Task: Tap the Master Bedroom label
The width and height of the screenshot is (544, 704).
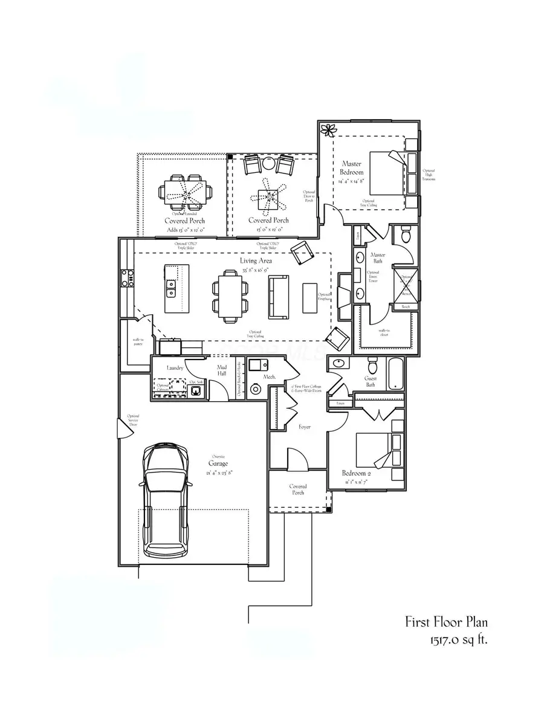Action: coord(351,168)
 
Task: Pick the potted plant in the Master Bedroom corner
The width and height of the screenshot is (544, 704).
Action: coord(329,129)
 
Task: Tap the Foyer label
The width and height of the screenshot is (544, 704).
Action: coord(305,427)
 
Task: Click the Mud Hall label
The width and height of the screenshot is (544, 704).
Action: coord(221,370)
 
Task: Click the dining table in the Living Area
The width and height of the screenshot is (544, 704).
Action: coord(230,295)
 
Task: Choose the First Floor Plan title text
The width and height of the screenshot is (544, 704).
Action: coord(446,622)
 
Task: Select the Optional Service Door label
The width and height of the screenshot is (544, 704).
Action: coord(133,420)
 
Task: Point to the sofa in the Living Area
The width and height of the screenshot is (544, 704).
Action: coord(279,296)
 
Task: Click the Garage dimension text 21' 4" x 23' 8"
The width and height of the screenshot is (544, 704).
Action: coord(218,473)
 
